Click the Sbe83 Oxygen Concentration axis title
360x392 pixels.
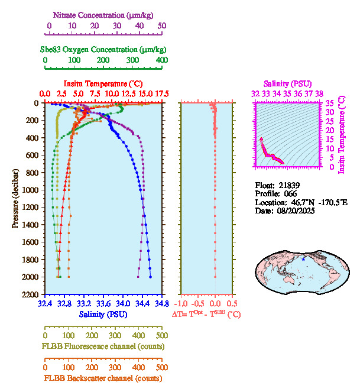(x=105, y=50)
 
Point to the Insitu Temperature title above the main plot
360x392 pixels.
(x=103, y=83)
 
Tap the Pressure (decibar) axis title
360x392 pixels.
(x=15, y=199)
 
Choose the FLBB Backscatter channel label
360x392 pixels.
(x=103, y=378)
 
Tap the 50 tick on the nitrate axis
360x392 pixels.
(x=162, y=27)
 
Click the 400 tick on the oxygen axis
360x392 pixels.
(x=161, y=60)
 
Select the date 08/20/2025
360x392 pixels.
(x=294, y=211)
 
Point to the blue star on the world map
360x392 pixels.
(x=303, y=259)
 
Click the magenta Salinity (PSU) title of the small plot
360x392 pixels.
(x=287, y=83)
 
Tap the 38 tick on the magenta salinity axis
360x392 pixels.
(x=319, y=93)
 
